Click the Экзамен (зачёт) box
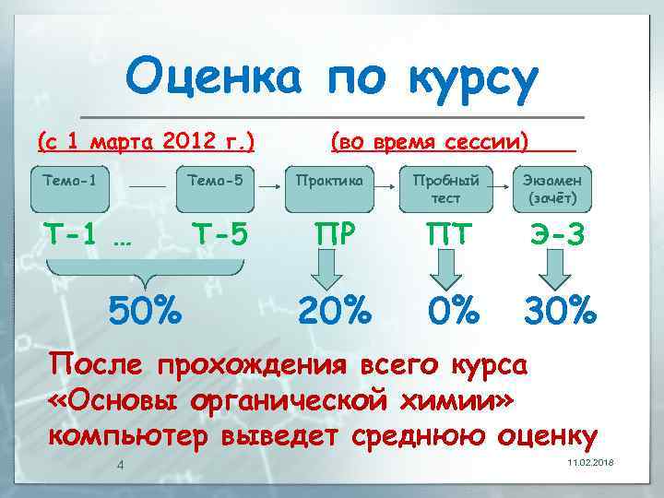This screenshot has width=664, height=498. [x=551, y=188]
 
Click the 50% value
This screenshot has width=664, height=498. [x=145, y=311]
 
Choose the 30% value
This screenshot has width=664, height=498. [x=559, y=311]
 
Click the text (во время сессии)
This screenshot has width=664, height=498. [x=430, y=142]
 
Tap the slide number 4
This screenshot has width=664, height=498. [x=121, y=464]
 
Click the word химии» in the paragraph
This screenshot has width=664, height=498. [x=456, y=399]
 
